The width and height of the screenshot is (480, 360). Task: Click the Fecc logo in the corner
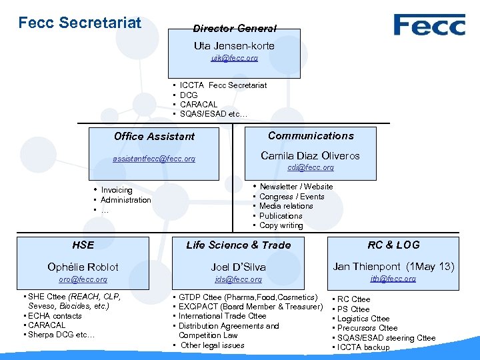[429, 25]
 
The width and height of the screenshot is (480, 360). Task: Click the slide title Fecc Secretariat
[80, 23]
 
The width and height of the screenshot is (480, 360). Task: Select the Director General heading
[234, 29]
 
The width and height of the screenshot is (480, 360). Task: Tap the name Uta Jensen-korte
[234, 46]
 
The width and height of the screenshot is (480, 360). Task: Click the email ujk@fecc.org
[234, 59]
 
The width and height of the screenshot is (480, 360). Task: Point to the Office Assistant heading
[154, 137]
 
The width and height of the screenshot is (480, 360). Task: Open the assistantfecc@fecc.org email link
[154, 159]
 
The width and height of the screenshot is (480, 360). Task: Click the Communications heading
[311, 136]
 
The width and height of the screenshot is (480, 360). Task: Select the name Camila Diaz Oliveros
[310, 156]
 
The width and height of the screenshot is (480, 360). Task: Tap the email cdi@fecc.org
[311, 168]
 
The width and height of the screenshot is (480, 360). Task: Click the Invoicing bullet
[117, 191]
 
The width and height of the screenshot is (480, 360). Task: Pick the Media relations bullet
[286, 206]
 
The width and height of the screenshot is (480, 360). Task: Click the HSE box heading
[83, 245]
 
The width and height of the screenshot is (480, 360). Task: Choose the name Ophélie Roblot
[83, 267]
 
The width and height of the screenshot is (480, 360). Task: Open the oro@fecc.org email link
[83, 280]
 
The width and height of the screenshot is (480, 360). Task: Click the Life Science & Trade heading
[238, 245]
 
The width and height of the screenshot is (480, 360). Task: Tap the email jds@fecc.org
[238, 280]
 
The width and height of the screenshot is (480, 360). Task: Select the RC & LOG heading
[394, 245]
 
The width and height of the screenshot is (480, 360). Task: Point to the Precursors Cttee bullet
[367, 328]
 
